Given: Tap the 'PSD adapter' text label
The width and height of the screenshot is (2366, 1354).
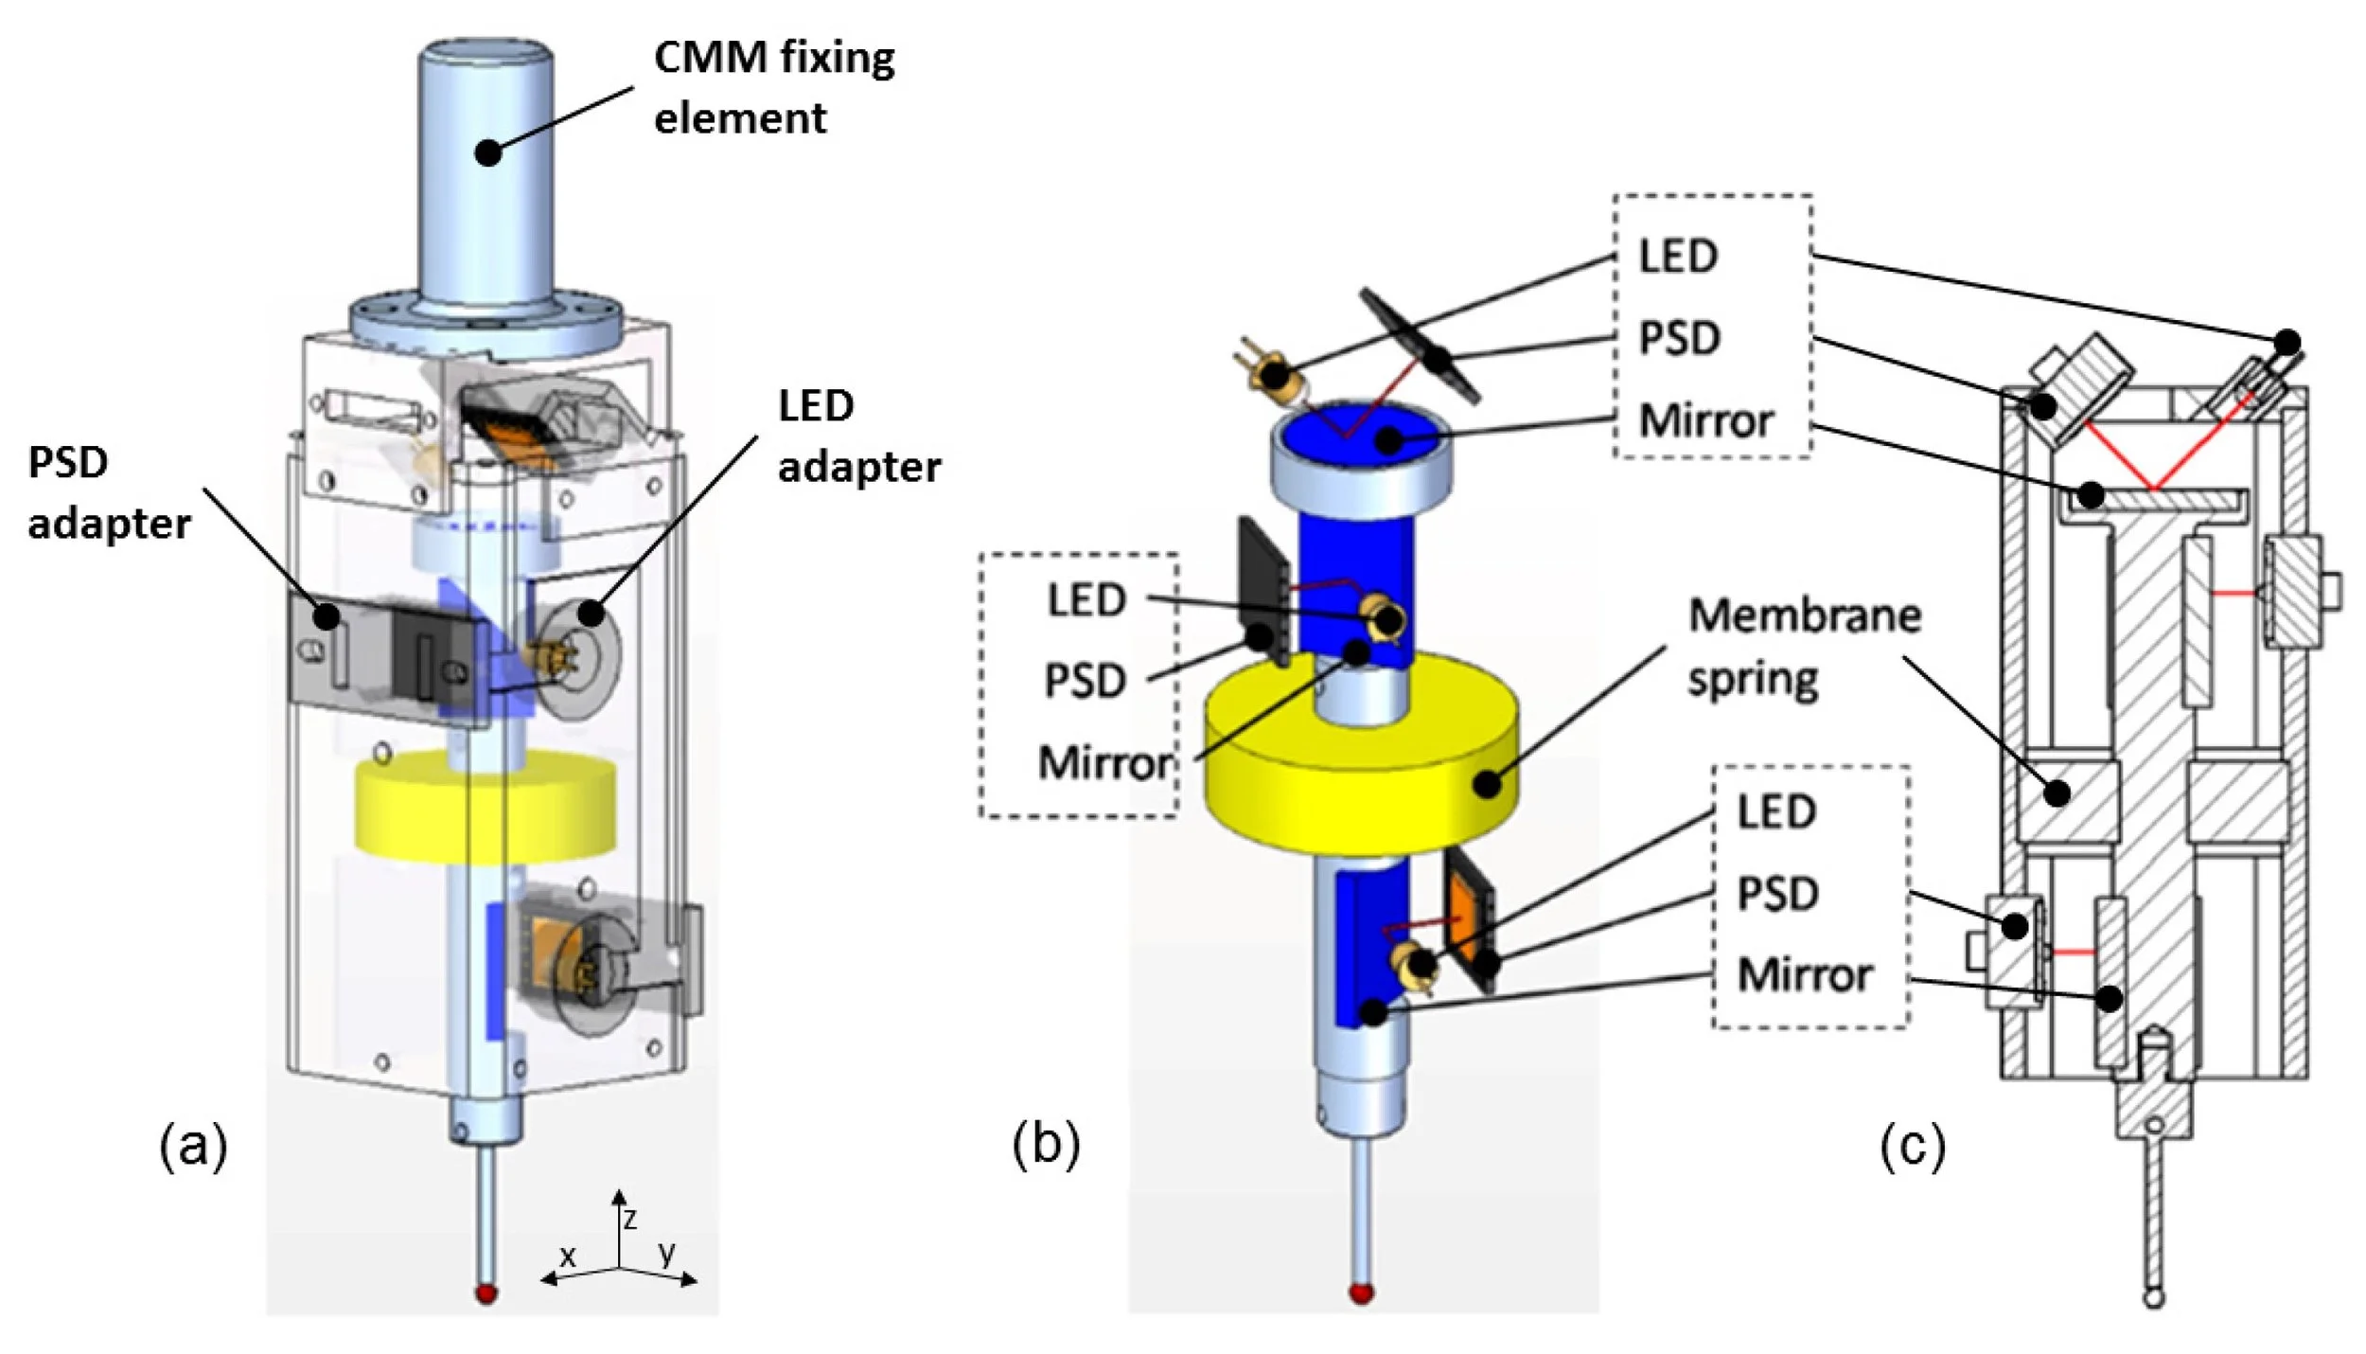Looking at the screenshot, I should coord(108,492).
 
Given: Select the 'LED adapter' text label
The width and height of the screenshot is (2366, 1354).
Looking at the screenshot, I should coord(858,436).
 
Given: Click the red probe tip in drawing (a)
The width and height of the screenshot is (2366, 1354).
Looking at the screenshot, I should coord(487,1293).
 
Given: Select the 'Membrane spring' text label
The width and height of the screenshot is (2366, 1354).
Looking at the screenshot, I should coord(1803,647).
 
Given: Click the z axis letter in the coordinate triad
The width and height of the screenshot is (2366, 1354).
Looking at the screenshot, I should coord(630,1218).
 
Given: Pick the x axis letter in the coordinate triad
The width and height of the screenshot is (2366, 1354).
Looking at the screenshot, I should coord(567,1256).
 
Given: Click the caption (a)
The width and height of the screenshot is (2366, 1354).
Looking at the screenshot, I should coord(193,1147).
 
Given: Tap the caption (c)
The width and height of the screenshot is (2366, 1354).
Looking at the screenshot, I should coord(1912,1147).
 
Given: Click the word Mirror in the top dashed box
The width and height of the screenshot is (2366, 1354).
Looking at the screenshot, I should coord(1705,420).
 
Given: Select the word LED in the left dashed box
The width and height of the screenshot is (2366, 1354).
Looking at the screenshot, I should coord(1086,599).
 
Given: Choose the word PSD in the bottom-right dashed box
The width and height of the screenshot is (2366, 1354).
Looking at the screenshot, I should coord(1777,893).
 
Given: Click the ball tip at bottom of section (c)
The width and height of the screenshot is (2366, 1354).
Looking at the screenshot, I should coord(2153,1298).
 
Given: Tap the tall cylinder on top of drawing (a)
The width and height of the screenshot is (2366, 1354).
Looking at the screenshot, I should coord(486,170).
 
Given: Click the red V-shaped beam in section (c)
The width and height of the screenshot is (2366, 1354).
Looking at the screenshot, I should coord(2152,454).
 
